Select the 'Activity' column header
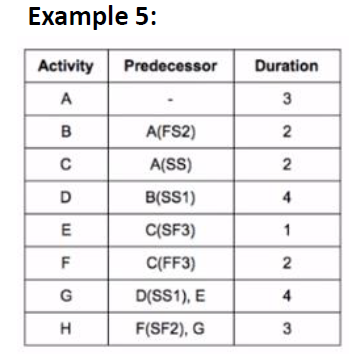pos(65,67)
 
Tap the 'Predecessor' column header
pos(170,67)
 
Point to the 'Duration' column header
pos(287,67)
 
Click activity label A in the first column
pos(66,100)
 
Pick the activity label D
pos(66,197)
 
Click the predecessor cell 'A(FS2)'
pos(170,133)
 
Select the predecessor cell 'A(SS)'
pos(170,165)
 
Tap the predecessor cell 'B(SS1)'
pos(170,197)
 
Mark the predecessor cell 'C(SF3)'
pos(170,231)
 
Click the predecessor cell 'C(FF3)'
pos(170,263)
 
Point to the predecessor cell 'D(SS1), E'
pos(170,296)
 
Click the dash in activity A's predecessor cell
pos(170,101)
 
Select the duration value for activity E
pos(288,231)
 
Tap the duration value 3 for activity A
pos(288,100)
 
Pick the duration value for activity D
pos(288,197)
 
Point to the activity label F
pos(66,263)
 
